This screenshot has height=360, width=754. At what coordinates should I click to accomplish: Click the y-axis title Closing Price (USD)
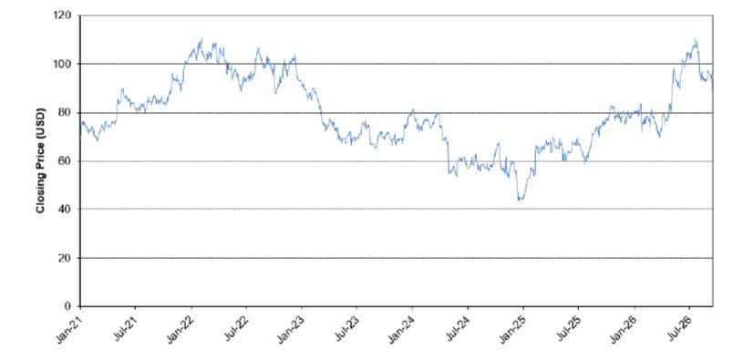[x=40, y=161]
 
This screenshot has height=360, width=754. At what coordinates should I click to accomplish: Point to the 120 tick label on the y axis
[x=64, y=15]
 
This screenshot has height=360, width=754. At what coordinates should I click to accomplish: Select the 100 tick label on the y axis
[x=64, y=64]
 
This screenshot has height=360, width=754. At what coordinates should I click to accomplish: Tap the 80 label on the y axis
[x=66, y=112]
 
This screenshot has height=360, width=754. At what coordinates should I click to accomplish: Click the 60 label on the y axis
[x=66, y=161]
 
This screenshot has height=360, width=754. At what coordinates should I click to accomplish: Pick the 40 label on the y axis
[x=66, y=209]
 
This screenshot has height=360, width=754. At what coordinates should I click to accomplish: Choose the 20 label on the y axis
[x=66, y=258]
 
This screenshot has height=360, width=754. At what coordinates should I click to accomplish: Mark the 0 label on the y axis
[x=68, y=306]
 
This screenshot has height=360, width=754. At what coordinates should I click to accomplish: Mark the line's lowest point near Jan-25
[x=520, y=200]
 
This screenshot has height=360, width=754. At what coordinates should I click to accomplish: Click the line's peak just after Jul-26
[x=696, y=39]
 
